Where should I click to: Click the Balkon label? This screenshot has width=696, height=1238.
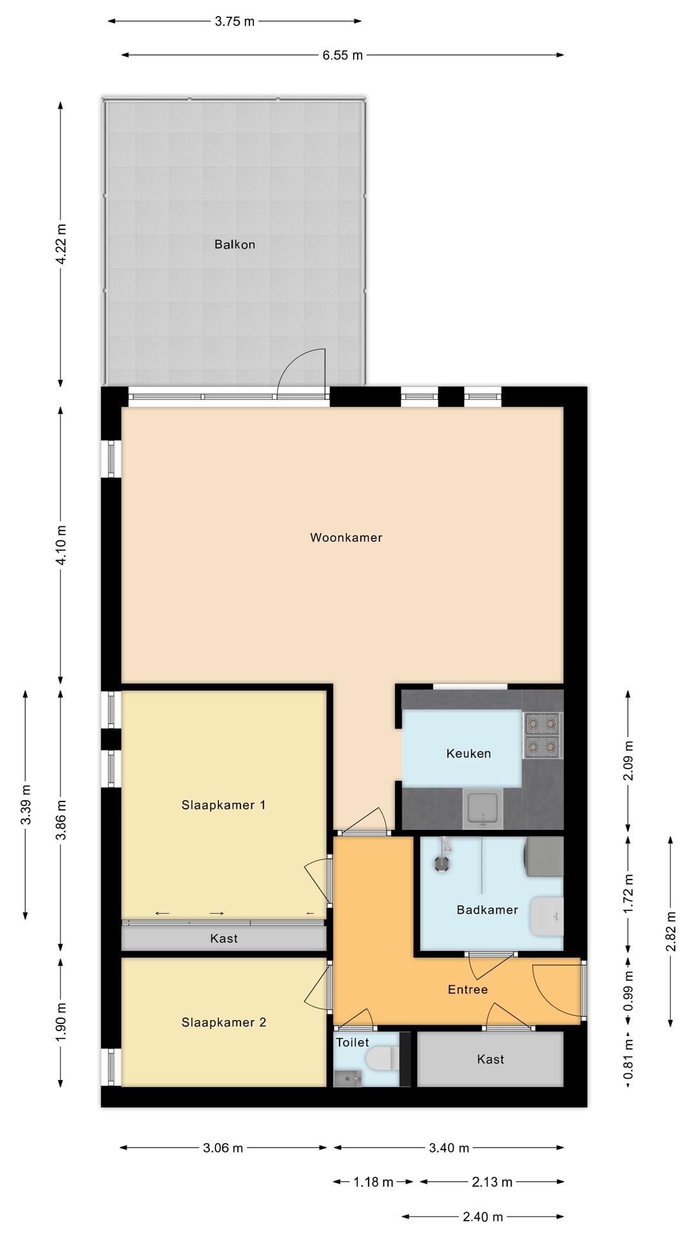[x=235, y=244]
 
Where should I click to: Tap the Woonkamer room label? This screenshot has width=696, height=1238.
[x=346, y=537]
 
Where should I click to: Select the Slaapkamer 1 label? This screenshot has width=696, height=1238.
[x=223, y=805]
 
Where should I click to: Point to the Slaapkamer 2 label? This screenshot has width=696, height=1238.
[x=223, y=1022]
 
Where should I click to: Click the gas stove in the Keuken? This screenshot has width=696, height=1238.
[x=542, y=735]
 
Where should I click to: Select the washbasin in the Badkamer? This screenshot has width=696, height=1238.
[x=546, y=916]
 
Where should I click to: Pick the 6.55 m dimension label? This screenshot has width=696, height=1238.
[x=342, y=55]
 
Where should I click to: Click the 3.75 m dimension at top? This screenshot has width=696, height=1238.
[x=235, y=21]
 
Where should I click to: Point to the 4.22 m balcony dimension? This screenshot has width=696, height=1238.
[x=61, y=244]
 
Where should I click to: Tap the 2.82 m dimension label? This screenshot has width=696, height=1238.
[x=671, y=931]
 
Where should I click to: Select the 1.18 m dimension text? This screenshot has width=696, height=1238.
[x=373, y=1182]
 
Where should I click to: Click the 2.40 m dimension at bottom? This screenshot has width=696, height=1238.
[x=483, y=1217]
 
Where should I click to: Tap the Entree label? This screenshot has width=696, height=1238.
[x=467, y=989]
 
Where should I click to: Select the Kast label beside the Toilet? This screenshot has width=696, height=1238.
[x=490, y=1059]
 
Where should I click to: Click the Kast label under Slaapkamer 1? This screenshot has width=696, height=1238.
[x=224, y=938]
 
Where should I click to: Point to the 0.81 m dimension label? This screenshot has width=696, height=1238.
[x=628, y=1058]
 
